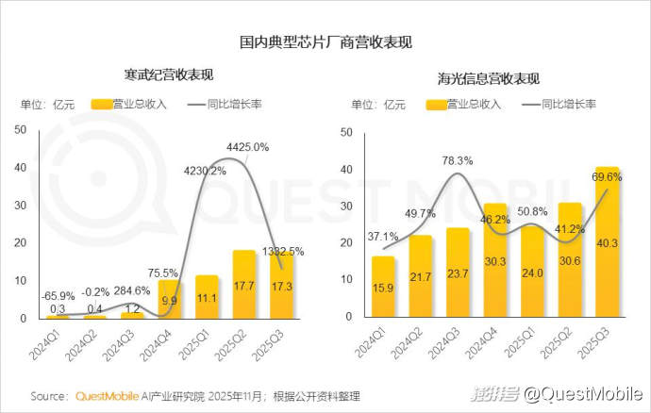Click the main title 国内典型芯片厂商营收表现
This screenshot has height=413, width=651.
325,42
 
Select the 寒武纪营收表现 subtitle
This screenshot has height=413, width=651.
169,74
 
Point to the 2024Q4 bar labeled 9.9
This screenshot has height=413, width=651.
170,300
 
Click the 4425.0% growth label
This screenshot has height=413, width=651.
248,146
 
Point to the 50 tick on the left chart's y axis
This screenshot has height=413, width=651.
21,130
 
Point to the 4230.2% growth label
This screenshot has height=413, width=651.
205,171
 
